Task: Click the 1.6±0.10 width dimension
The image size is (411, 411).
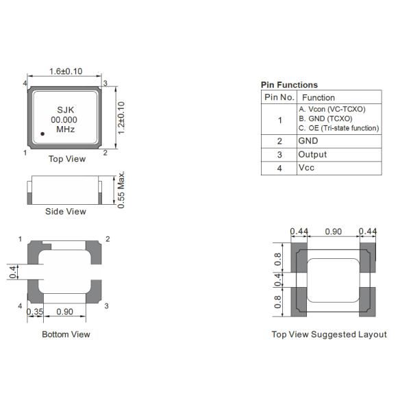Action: point(66,71)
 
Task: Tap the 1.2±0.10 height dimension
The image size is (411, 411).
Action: point(121,118)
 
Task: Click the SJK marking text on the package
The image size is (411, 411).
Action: point(65,110)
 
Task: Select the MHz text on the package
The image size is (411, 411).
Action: point(65,129)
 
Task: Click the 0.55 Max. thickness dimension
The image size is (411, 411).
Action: point(121,190)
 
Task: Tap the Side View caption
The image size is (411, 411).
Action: point(66,212)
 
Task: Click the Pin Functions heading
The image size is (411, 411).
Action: point(289,85)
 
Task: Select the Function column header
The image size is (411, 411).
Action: point(319,97)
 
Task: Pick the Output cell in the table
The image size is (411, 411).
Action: point(312,155)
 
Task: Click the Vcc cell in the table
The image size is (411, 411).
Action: point(306,169)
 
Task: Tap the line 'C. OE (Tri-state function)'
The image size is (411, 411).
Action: point(338,128)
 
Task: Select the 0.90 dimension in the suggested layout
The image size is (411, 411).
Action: point(333,232)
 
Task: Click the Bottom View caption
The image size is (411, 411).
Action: point(66,334)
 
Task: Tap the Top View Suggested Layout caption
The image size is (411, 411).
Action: point(329,334)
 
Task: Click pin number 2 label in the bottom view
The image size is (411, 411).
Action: point(108,239)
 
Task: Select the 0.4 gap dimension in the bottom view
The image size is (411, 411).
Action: point(13,272)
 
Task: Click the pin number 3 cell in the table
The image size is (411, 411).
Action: point(279,155)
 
